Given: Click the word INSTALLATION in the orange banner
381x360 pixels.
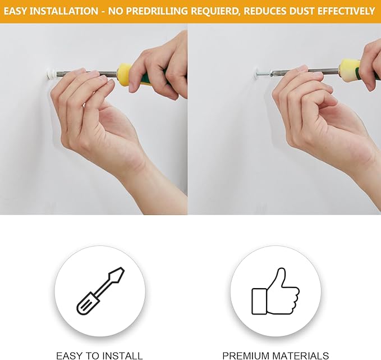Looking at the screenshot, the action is [63, 11].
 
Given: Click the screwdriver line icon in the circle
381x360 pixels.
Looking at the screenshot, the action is [100, 291].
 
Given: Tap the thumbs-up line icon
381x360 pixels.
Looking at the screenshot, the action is [276, 291].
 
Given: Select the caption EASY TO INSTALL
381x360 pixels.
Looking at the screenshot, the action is [99, 356].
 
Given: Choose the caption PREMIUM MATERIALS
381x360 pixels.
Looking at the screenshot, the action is [276, 356].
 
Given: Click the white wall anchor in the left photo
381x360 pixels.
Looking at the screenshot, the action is [51, 75].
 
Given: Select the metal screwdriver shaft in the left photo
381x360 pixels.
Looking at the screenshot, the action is [86, 74].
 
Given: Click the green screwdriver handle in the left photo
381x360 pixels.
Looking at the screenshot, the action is [146, 78].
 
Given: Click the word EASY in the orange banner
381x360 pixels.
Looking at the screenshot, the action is [15, 11].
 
